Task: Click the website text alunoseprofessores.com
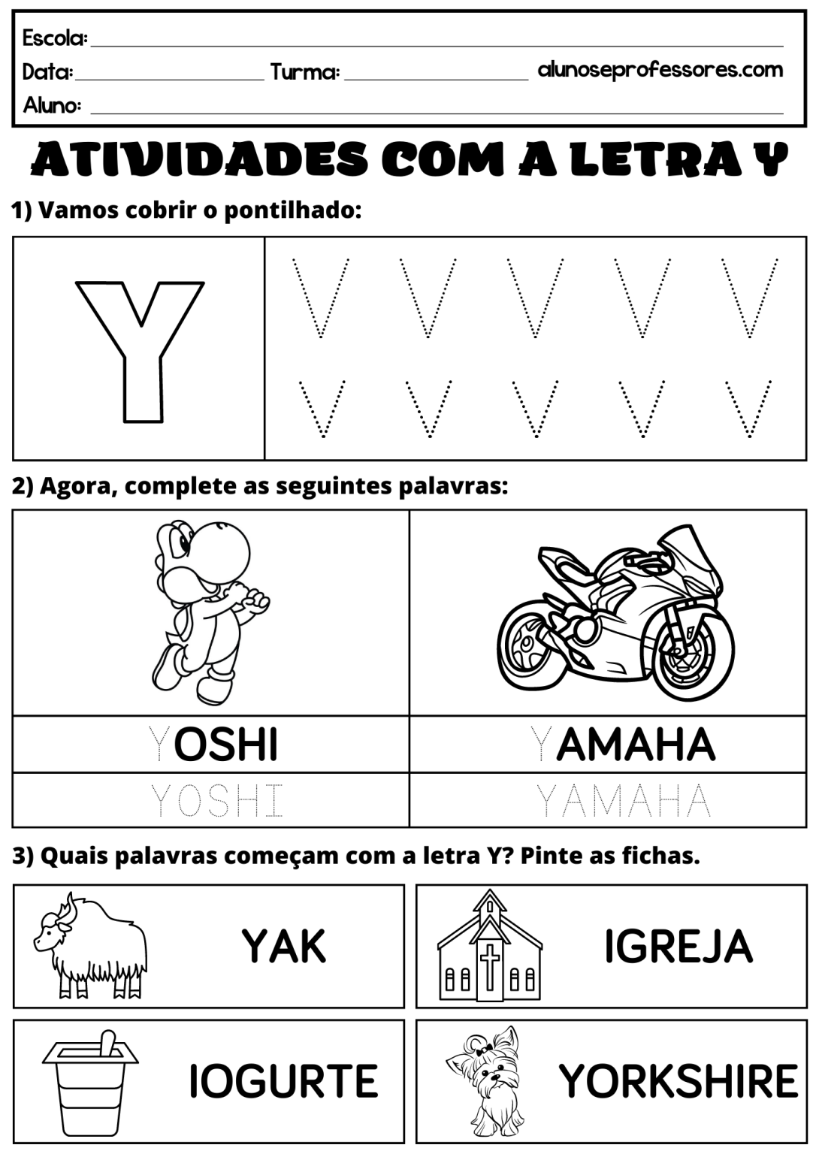coord(660,70)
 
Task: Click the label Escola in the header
coord(55,38)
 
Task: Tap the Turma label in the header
coord(305,72)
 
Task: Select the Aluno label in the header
coord(52,104)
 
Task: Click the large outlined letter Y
coord(139,349)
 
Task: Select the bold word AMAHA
coord(636,745)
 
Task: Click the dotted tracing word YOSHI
coord(217,801)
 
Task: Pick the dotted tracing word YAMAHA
coord(623,801)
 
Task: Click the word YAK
coord(284,946)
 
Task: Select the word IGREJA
coord(678,946)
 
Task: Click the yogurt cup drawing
coord(90,1082)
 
